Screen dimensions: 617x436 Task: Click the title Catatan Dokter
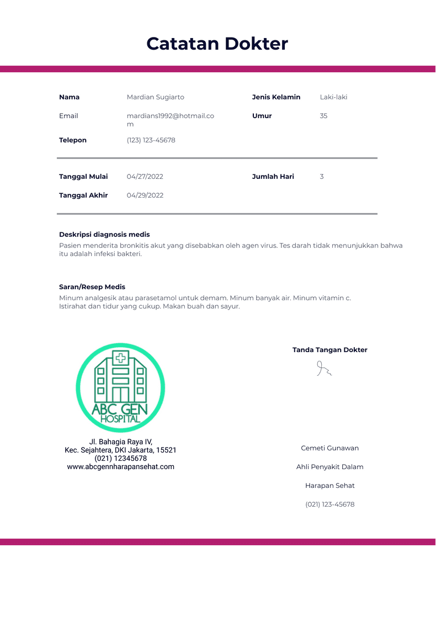point(217,44)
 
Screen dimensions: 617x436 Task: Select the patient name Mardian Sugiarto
point(155,97)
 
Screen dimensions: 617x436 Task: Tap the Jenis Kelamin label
point(276,97)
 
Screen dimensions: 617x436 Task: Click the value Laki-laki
point(333,97)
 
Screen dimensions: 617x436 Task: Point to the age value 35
point(323,116)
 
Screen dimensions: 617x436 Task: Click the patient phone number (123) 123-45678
point(151,140)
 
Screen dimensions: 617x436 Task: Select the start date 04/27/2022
point(145,177)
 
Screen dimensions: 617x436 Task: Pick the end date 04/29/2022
point(145,195)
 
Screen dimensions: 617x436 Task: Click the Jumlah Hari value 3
point(322,177)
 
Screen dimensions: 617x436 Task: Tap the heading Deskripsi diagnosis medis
point(104,235)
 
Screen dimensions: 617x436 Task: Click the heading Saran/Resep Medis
point(92,287)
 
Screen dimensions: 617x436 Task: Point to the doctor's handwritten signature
point(323,369)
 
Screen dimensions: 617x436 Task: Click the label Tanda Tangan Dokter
point(329,350)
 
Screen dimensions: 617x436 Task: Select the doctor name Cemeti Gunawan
point(329,448)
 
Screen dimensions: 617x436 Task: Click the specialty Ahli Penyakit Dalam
point(329,467)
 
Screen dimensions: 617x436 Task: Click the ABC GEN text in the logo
point(120,409)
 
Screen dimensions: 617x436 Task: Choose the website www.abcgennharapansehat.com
point(120,466)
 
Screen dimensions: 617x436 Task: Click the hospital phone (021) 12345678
point(120,458)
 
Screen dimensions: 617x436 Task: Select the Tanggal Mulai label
point(83,177)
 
